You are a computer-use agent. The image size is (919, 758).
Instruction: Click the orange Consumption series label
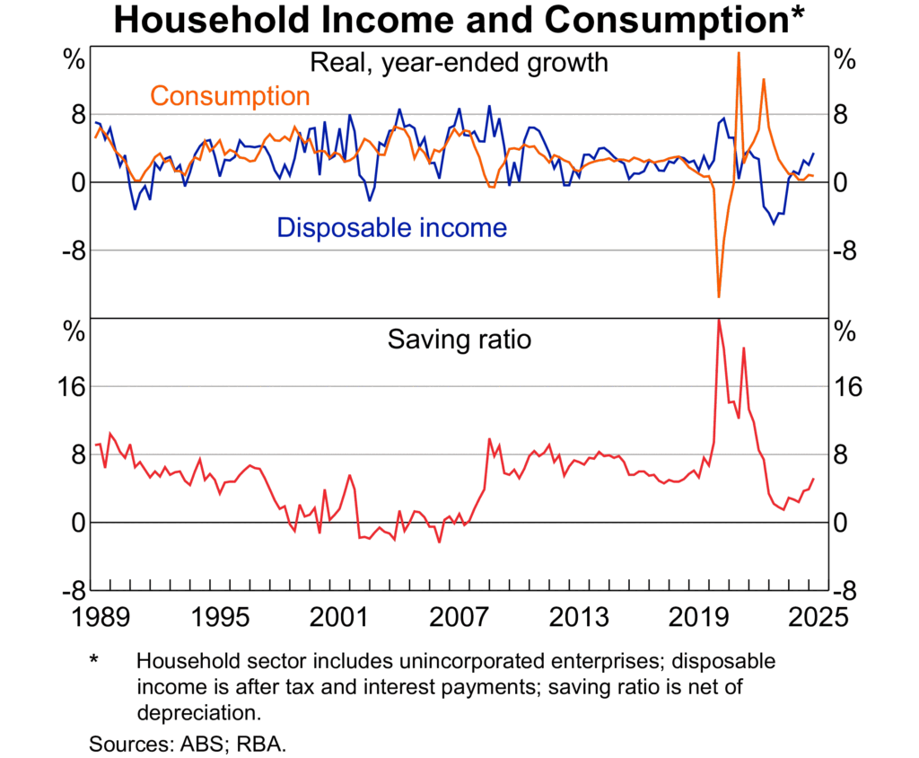230,95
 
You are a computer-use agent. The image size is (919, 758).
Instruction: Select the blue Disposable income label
391,227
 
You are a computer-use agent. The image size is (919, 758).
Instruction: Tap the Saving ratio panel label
459,339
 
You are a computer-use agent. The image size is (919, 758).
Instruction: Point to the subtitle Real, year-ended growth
459,62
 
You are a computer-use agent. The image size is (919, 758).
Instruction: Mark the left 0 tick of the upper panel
78,182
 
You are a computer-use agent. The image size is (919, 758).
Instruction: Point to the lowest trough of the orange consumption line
719,296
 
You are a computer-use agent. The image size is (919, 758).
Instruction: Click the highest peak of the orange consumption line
739,53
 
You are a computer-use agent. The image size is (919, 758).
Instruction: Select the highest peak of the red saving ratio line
719,320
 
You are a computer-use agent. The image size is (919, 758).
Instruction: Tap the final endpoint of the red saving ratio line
814,479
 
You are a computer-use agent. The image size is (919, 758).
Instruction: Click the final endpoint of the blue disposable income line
814,154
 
